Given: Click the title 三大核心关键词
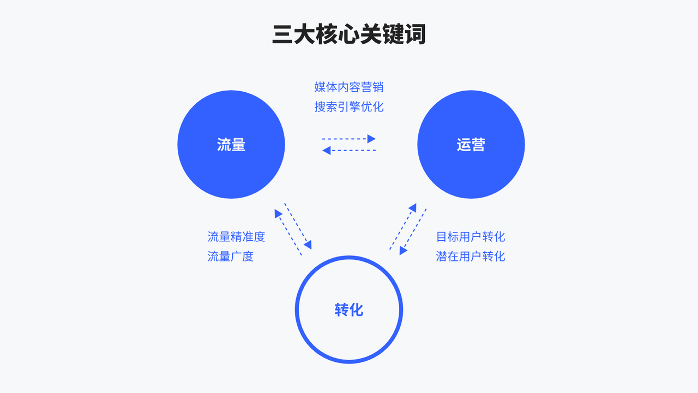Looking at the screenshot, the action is pyautogui.click(x=349, y=34).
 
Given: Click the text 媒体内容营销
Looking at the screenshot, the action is pyautogui.click(x=349, y=87).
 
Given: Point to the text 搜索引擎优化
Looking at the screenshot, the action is pyautogui.click(x=349, y=106).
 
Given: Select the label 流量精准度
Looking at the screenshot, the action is pyautogui.click(x=236, y=237).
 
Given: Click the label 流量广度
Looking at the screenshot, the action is pyautogui.click(x=231, y=256).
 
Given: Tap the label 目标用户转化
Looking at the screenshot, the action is pyautogui.click(x=471, y=237).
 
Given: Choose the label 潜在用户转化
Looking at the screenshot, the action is pyautogui.click(x=471, y=256).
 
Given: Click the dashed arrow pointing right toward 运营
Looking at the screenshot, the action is pyautogui.click(x=349, y=139).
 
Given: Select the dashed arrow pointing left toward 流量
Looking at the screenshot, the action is pyautogui.click(x=349, y=150).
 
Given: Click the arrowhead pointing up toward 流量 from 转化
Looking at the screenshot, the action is pyautogui.click(x=278, y=212).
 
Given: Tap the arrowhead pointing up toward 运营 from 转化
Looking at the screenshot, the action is pyautogui.click(x=412, y=208).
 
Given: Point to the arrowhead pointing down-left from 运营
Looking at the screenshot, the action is pyautogui.click(x=404, y=250).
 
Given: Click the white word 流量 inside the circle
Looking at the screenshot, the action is pyautogui.click(x=231, y=145).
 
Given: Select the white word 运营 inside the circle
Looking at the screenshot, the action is pyautogui.click(x=471, y=145).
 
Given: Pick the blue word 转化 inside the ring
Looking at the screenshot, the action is pyautogui.click(x=349, y=310).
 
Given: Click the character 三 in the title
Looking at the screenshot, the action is pyautogui.click(x=282, y=34).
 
